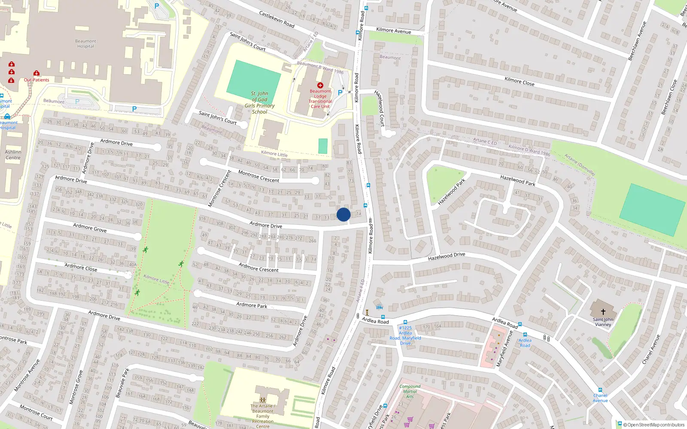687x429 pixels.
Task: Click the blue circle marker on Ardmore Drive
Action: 343,214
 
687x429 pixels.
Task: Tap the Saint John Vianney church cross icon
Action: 603,312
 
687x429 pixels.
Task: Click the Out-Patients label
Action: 36,80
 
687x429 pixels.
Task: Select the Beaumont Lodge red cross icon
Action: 320,85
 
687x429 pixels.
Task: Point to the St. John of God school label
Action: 259,103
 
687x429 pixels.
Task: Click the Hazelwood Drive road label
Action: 447,257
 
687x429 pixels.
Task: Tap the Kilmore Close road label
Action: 519,81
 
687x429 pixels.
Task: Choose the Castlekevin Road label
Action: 277,19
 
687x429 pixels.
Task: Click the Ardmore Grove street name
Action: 90,227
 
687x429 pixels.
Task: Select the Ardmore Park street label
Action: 252,305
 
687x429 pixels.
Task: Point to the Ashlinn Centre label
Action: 13,155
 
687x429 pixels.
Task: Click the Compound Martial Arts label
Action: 410,391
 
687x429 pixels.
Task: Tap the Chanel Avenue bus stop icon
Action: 600,390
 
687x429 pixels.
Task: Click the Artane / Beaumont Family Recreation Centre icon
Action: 262,400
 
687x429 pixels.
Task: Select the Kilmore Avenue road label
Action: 393,30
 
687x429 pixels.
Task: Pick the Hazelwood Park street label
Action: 517,180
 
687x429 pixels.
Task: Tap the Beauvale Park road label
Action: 122,383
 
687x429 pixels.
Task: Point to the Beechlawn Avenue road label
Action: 637,41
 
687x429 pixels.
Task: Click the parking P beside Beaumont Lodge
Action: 340,92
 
